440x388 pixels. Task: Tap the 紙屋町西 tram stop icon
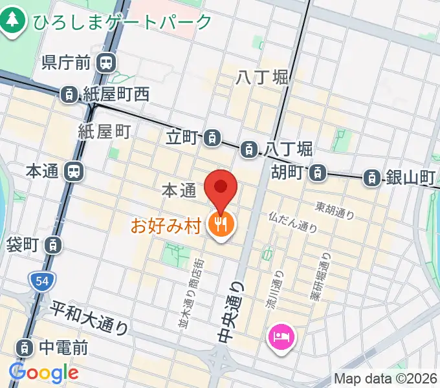[69, 94]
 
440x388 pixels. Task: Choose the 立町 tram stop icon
[211, 137]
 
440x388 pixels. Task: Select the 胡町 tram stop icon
[316, 173]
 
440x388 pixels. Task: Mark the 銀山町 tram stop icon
[372, 177]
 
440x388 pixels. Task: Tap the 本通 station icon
[74, 171]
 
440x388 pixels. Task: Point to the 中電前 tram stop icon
[25, 348]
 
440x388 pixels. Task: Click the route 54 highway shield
[42, 281]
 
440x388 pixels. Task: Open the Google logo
[43, 372]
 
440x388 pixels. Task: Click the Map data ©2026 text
[386, 379]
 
